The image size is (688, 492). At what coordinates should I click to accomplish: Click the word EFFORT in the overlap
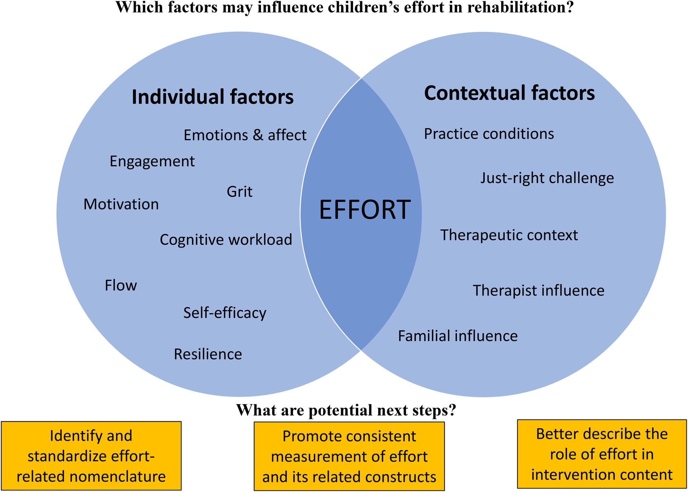coord(365,209)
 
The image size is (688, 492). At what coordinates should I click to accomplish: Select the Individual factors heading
coord(213,97)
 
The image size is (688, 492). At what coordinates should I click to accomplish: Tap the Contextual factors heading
coord(509,93)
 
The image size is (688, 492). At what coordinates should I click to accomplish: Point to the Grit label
coord(240,191)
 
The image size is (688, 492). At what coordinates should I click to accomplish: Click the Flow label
coord(121,285)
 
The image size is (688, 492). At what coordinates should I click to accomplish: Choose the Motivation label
coord(121,204)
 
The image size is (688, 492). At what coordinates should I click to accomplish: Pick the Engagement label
coord(152,162)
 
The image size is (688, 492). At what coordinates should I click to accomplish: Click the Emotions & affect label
coord(245,135)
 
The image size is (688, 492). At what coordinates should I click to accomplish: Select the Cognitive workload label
coord(226,240)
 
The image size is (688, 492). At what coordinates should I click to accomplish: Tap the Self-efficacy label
coord(225,313)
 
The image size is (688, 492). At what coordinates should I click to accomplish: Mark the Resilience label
coord(208,354)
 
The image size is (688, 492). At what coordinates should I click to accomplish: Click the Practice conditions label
coord(489,134)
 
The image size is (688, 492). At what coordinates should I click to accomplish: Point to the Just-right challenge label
coord(547,178)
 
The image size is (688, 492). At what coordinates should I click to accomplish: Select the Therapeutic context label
coord(509,235)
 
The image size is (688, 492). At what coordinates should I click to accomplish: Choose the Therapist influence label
coord(539,291)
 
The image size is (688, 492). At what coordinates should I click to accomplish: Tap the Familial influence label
coord(458,336)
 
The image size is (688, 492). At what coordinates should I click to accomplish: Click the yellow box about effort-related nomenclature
coord(91,456)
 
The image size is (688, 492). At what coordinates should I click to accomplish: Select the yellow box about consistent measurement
coord(349,456)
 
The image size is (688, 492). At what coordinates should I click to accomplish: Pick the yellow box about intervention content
coord(602,454)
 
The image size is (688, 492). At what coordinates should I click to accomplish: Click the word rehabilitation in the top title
coord(520,7)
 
